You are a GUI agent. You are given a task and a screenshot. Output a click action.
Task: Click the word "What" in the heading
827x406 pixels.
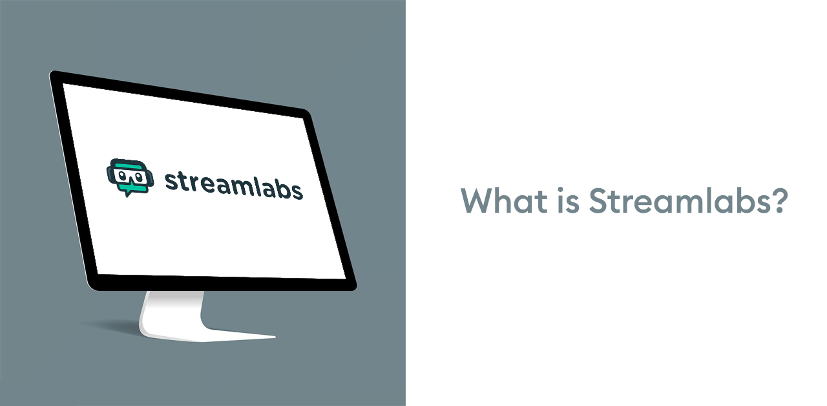click(505, 200)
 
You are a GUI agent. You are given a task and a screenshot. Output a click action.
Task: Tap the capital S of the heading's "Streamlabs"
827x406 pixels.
click(598, 200)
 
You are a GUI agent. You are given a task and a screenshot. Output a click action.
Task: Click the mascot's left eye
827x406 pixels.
click(121, 175)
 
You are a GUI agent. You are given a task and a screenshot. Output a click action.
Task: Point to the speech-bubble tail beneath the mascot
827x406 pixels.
click(127, 193)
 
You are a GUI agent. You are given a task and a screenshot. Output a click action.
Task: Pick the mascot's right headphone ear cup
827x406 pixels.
click(151, 178)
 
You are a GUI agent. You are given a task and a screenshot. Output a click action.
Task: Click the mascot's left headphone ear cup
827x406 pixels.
click(109, 175)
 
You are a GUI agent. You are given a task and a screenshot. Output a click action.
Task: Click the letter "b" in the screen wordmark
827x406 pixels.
click(281, 188)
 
